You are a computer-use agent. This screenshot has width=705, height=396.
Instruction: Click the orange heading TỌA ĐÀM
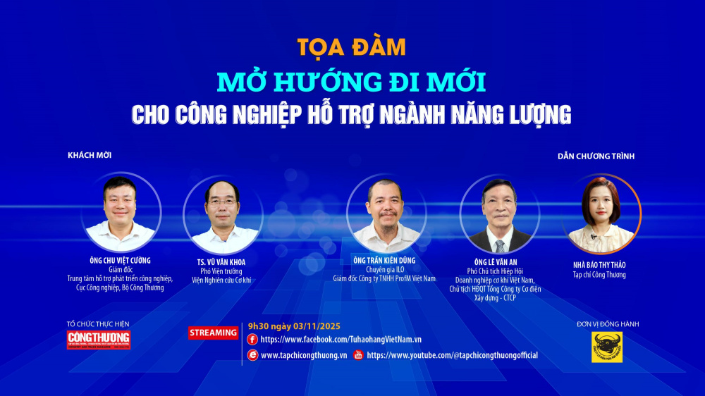(x=352, y=47)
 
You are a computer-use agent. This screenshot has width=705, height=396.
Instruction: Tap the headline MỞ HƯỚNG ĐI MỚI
(x=352, y=82)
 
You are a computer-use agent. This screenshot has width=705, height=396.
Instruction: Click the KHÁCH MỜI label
(x=90, y=155)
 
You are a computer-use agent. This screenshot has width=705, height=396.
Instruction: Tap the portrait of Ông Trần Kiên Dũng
(x=386, y=214)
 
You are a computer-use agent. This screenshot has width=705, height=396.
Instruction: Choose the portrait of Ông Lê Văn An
(x=500, y=214)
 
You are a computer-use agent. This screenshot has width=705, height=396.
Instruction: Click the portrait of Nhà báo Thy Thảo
(x=601, y=214)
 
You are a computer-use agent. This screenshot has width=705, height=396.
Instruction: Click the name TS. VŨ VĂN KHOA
(x=222, y=262)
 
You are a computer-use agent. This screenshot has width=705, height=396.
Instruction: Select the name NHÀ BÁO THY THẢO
(x=599, y=265)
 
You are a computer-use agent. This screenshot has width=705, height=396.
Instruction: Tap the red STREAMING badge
(x=213, y=333)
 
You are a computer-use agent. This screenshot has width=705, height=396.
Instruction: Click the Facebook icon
(x=252, y=340)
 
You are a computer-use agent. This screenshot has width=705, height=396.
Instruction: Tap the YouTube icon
(x=358, y=355)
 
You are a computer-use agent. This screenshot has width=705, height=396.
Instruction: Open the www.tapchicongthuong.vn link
(x=304, y=355)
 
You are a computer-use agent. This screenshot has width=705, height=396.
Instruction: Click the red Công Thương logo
(x=99, y=340)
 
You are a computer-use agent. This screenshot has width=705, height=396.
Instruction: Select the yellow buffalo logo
(x=607, y=347)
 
